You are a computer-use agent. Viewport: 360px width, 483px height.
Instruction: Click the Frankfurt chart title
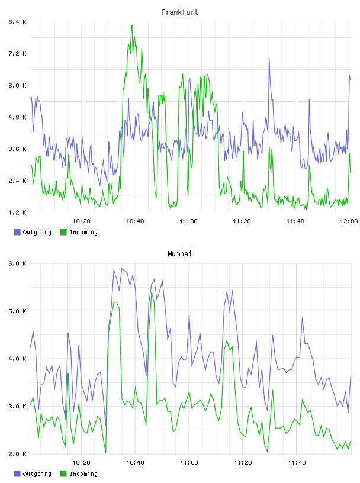pos(180,12)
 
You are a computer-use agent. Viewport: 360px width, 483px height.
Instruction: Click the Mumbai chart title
pos(179,254)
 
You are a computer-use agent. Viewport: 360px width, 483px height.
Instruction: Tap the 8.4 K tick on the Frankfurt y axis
pos(17,22)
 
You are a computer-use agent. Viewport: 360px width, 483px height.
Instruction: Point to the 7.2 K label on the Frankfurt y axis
pos(17,54)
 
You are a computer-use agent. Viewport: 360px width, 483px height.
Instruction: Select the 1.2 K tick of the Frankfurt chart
pos(17,212)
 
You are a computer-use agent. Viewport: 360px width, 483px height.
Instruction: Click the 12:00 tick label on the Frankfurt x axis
pos(349,221)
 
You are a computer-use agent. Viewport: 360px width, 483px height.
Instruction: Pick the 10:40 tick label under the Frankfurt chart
pos(135,221)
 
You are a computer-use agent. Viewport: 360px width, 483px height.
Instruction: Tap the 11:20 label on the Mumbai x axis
pos(243,463)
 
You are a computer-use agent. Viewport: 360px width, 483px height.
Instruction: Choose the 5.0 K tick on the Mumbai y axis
pos(17,311)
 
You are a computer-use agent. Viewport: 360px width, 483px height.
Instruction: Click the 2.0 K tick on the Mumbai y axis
pos(17,454)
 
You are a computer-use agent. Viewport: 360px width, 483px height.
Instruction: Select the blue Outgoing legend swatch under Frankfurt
pos(17,232)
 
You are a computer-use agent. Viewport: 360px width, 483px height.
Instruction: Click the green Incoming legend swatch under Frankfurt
pos(63,232)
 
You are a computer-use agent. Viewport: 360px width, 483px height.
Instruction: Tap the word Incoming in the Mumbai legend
pos(83,474)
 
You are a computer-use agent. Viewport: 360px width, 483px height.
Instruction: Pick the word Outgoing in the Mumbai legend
pos(37,474)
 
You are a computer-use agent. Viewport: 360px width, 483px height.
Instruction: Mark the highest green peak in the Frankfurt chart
pos(132,25)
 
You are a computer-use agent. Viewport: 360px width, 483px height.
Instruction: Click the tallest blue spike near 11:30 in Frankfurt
pos(269,60)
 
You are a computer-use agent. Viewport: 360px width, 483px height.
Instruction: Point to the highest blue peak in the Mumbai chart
pos(122,268)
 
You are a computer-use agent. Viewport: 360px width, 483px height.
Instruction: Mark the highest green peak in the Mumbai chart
pos(152,292)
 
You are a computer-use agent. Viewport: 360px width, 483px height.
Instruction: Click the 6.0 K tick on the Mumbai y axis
pos(17,263)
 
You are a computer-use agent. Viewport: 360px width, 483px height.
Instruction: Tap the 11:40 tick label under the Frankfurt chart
pos(295,221)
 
